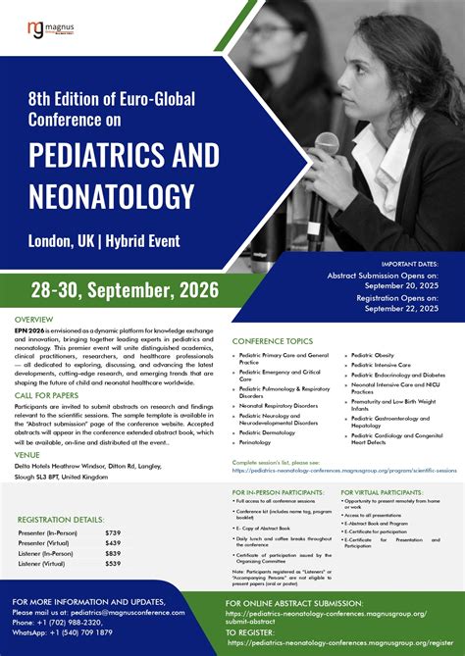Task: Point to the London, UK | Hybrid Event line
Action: pos(104,239)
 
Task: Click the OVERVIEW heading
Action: pos(34,321)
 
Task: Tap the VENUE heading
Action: pos(27,454)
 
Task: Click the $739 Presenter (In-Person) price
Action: pos(114,532)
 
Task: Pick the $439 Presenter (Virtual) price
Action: pos(114,543)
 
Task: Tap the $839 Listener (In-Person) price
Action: pos(114,554)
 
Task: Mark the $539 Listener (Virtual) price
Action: pos(114,564)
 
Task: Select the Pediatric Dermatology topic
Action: pos(268,431)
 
